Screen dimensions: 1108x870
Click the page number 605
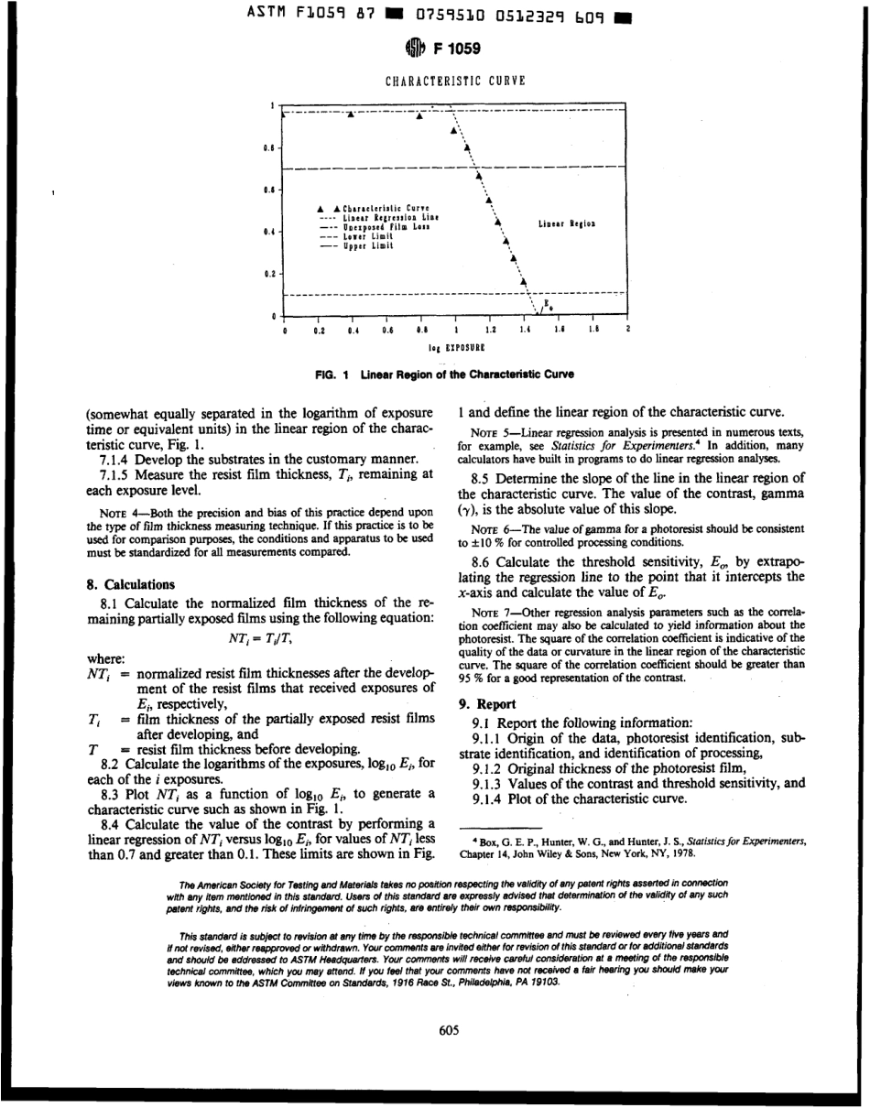click(449, 1030)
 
